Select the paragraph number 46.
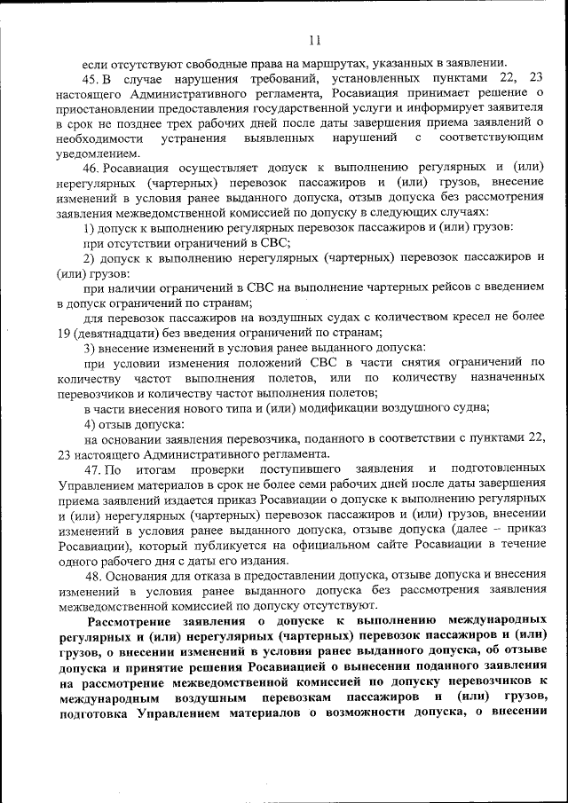point(91,168)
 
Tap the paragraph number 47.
point(92,468)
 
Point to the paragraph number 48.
point(91,574)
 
